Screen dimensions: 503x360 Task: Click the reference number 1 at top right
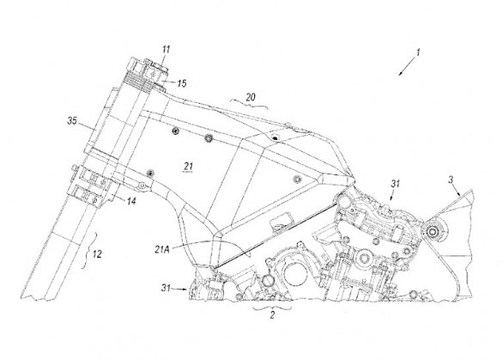coord(418,52)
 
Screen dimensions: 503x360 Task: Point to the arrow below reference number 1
coord(407,67)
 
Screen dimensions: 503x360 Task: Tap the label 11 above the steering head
coord(166,49)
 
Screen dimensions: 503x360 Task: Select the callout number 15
coord(182,84)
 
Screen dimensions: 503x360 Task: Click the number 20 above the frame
coord(251,97)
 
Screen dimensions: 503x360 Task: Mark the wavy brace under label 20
coord(249,104)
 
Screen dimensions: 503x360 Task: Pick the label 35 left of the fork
coord(72,121)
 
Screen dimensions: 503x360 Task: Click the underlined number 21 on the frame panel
coord(188,167)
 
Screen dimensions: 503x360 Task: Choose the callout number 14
coord(131,201)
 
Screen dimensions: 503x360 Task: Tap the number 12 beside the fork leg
coord(97,254)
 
